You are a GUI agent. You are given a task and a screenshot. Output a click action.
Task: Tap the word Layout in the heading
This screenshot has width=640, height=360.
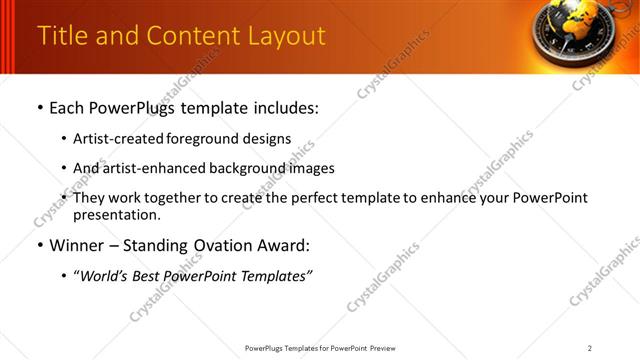click(287, 35)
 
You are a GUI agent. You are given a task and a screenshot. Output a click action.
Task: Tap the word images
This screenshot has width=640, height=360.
click(310, 168)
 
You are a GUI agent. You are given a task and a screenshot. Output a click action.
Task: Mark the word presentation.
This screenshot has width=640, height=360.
click(116, 215)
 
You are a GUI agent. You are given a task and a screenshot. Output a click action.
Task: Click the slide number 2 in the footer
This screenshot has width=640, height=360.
click(590, 348)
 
